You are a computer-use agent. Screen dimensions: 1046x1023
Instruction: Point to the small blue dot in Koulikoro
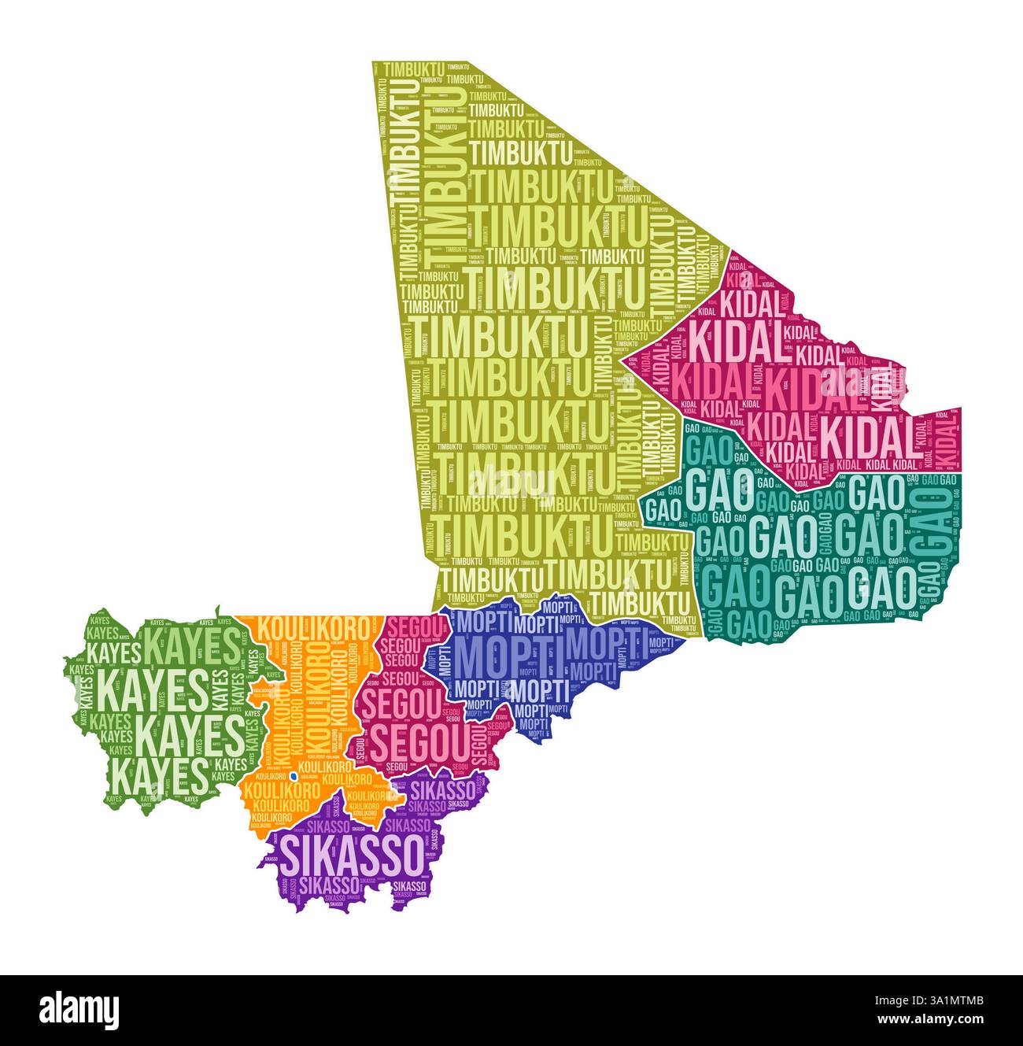(293, 776)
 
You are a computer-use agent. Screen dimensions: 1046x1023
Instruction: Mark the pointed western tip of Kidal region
(623, 360)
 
